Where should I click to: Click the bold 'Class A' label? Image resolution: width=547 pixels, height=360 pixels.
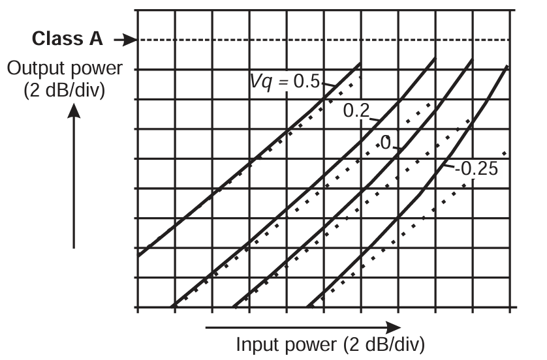[67, 39]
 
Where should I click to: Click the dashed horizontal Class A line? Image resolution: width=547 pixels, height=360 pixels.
[326, 40]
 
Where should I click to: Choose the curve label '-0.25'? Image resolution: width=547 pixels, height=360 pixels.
[476, 168]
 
